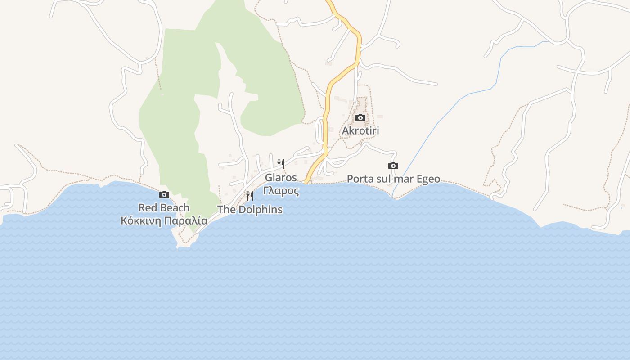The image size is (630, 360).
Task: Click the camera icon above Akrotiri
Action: (x=360, y=118)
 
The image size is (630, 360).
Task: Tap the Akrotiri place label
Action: (x=360, y=131)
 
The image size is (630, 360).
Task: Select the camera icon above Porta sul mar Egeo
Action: (x=393, y=166)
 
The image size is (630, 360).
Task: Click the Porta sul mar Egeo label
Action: (x=393, y=179)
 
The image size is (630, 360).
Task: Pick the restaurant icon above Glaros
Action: (x=280, y=164)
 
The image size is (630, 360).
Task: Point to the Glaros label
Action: (x=281, y=177)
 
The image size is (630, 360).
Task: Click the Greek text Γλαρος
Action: (x=281, y=190)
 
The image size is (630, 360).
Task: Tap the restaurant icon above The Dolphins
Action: (x=249, y=196)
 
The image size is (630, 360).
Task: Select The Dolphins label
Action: (x=250, y=210)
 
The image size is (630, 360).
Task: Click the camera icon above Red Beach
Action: (x=164, y=195)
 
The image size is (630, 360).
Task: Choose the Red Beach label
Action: (x=164, y=208)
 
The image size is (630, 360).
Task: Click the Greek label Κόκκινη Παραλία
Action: (x=164, y=221)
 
